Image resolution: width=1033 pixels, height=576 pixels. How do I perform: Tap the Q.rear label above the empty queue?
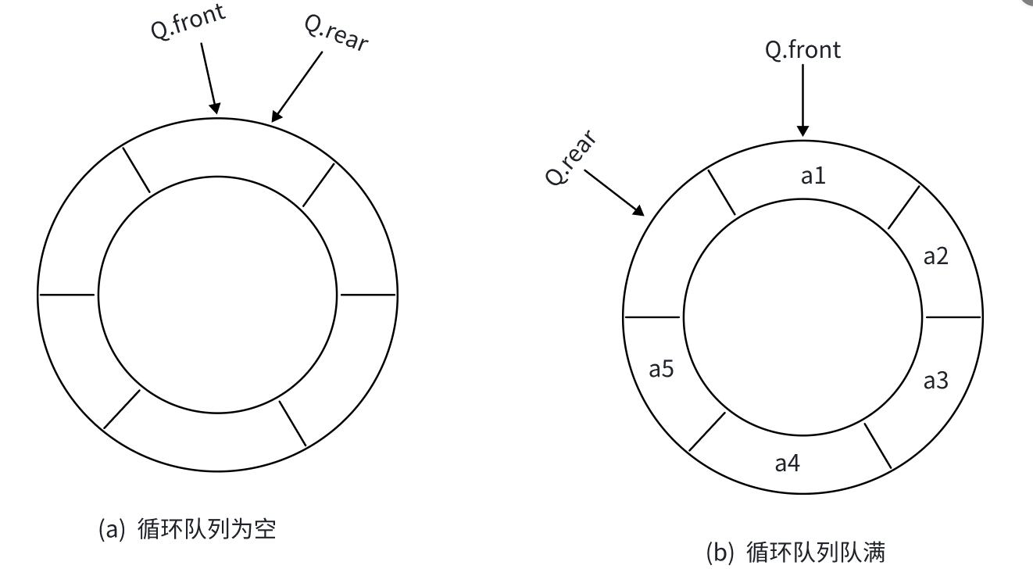(336, 32)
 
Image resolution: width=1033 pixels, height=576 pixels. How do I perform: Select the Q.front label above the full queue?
(802, 50)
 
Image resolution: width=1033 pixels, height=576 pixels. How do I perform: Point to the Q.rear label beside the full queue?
(572, 159)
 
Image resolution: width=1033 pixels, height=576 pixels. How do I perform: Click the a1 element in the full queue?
(813, 177)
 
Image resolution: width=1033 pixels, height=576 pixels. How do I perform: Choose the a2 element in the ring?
(935, 256)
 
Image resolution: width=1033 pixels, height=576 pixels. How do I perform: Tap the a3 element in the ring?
(935, 381)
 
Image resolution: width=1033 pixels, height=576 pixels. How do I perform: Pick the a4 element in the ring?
(787, 463)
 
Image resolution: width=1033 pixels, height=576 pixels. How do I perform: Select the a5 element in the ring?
(661, 369)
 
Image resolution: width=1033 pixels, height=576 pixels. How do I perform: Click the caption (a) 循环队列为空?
(187, 529)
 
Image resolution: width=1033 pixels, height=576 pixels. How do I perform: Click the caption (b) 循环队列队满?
(795, 553)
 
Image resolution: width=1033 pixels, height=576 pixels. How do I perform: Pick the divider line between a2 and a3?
(953, 317)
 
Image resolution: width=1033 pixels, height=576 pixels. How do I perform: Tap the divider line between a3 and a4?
(878, 445)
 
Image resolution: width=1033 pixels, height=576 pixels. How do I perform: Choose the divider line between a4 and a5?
(707, 431)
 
